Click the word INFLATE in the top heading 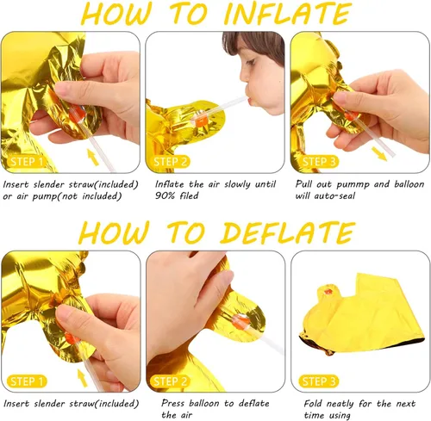click(x=288, y=13)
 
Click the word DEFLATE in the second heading click(x=288, y=232)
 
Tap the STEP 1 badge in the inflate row click(x=27, y=162)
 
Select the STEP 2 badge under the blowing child click(x=171, y=162)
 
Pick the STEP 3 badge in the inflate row click(x=319, y=162)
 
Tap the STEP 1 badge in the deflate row click(x=27, y=381)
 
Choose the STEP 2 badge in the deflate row click(x=171, y=381)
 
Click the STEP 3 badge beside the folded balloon click(x=319, y=381)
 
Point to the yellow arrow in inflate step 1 click(x=93, y=158)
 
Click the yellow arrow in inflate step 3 click(x=379, y=154)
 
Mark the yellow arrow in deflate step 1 click(x=83, y=377)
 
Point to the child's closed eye click(x=250, y=61)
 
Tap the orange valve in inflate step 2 click(x=201, y=121)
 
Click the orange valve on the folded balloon click(x=328, y=293)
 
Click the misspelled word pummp click(x=353, y=184)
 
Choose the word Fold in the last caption click(x=313, y=404)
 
